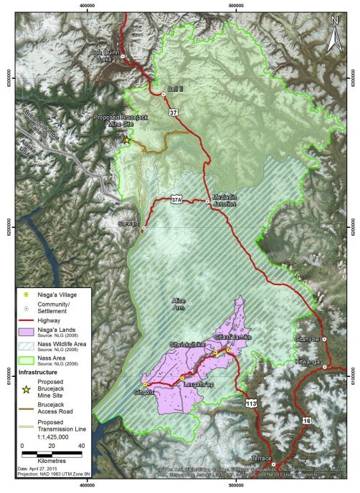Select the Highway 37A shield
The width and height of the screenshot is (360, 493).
point(177,200)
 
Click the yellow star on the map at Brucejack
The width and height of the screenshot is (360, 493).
point(127,140)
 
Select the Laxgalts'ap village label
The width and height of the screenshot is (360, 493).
point(194,385)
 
